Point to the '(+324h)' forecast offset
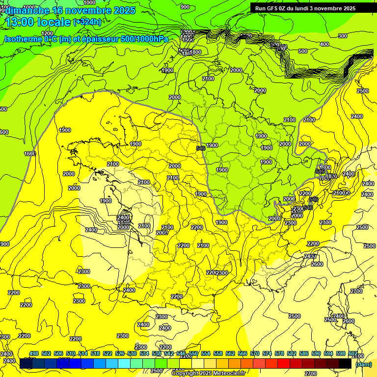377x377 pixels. (87, 22)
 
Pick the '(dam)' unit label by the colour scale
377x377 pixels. (363, 364)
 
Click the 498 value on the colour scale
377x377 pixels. (34, 353)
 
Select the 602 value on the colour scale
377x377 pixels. (352, 353)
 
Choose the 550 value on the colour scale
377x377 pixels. (193, 353)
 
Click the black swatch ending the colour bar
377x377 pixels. (345, 364)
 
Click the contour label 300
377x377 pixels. (343, 35)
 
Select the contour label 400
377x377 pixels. (324, 44)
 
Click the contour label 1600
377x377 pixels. (30, 154)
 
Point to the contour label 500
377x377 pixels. (303, 51)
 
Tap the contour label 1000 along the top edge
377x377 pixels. (89, 2)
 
